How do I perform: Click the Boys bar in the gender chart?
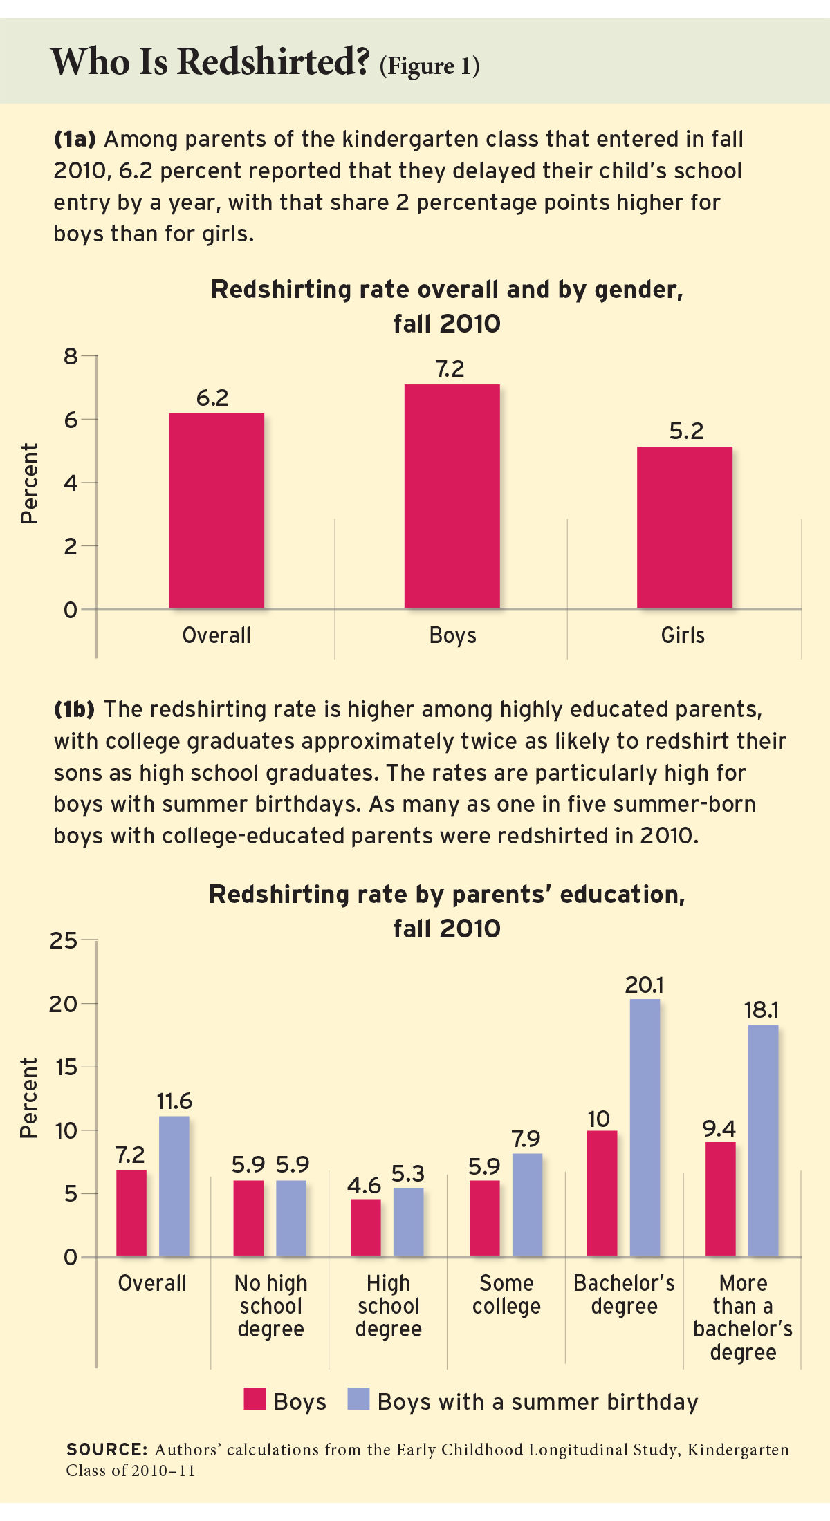(452, 496)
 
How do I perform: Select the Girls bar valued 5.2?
(684, 528)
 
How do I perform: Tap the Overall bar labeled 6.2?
(216, 511)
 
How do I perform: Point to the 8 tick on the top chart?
(71, 357)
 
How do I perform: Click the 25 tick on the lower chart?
(63, 940)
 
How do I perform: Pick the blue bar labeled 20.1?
(645, 1128)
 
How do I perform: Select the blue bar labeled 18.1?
(763, 1140)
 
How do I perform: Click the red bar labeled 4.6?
(365, 1227)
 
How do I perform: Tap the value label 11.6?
(174, 1101)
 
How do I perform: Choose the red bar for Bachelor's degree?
(602, 1193)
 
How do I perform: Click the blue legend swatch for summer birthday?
(358, 1399)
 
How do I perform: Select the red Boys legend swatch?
(255, 1399)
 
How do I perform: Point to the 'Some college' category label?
(506, 1294)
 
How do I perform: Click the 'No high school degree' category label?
(270, 1306)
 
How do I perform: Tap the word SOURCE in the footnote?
(107, 1450)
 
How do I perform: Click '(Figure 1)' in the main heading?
(429, 66)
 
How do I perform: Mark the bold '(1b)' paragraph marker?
(74, 709)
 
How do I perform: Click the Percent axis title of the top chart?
(29, 483)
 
